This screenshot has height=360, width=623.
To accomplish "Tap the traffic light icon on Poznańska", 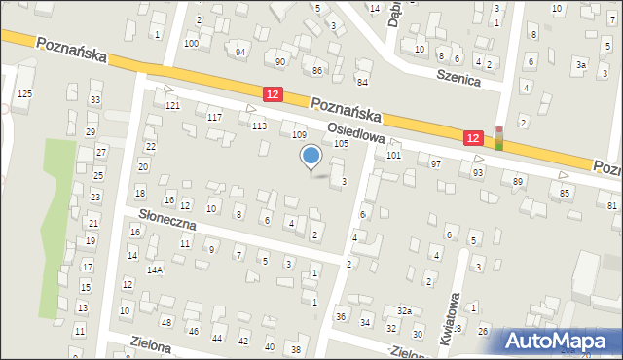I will (499, 138).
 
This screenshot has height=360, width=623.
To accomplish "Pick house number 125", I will (24, 92).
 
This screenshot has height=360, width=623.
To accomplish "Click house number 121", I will (172, 105).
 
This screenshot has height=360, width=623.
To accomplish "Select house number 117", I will (215, 117).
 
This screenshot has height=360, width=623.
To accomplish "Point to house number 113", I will (259, 126).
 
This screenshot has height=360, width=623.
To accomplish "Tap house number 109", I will (299, 134).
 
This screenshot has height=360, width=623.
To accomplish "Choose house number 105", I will (341, 143).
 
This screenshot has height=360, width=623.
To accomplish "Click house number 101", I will (393, 155).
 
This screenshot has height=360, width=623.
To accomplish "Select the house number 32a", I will (404, 310).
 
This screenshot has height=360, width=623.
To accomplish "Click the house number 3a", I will (580, 64).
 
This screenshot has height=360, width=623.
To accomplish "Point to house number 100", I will (191, 44).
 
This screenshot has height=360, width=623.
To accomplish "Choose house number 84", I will (362, 81).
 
